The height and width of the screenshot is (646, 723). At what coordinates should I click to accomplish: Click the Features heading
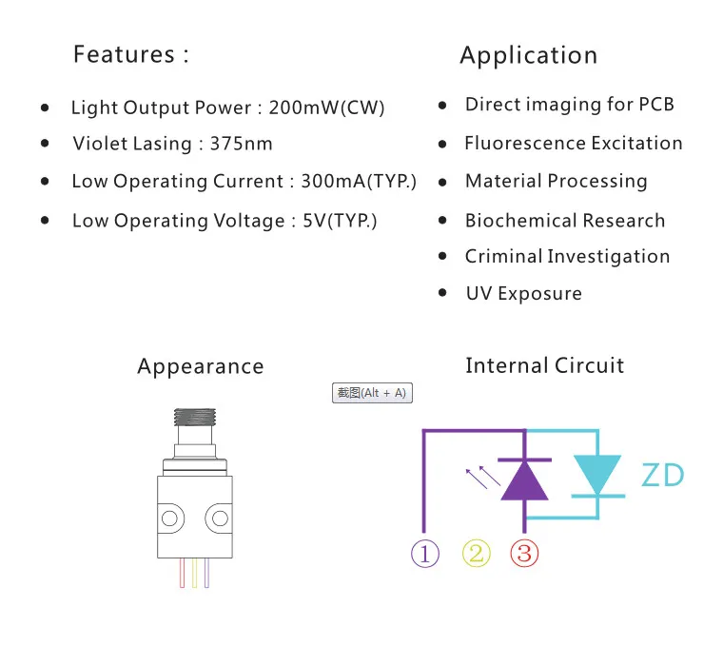pyautogui.click(x=131, y=54)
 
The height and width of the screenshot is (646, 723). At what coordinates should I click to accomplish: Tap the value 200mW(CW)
pyautogui.click(x=326, y=108)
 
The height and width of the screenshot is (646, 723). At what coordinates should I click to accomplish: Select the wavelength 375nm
pyautogui.click(x=241, y=144)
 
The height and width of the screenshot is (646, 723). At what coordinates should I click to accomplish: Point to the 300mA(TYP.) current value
pyautogui.click(x=359, y=181)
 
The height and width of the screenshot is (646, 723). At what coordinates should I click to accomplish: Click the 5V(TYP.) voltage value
pyautogui.click(x=340, y=221)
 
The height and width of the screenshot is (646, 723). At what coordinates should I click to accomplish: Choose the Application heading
pyautogui.click(x=528, y=56)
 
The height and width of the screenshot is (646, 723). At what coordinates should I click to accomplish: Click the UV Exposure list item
pyautogui.click(x=524, y=294)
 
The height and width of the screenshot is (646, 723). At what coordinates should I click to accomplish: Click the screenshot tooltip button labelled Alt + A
pyautogui.click(x=372, y=393)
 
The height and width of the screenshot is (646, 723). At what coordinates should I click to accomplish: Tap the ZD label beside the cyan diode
pyautogui.click(x=663, y=476)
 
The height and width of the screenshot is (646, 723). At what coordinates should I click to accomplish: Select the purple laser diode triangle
pyautogui.click(x=524, y=481)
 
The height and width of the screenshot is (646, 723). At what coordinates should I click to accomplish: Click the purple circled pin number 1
pyautogui.click(x=424, y=554)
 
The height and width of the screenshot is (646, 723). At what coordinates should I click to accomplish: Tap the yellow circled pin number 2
pyautogui.click(x=477, y=554)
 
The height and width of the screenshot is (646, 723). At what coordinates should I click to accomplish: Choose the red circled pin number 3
pyautogui.click(x=524, y=554)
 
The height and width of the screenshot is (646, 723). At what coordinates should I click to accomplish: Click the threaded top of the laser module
pyautogui.click(x=195, y=417)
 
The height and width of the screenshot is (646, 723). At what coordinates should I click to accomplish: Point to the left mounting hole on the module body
pyautogui.click(x=169, y=519)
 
